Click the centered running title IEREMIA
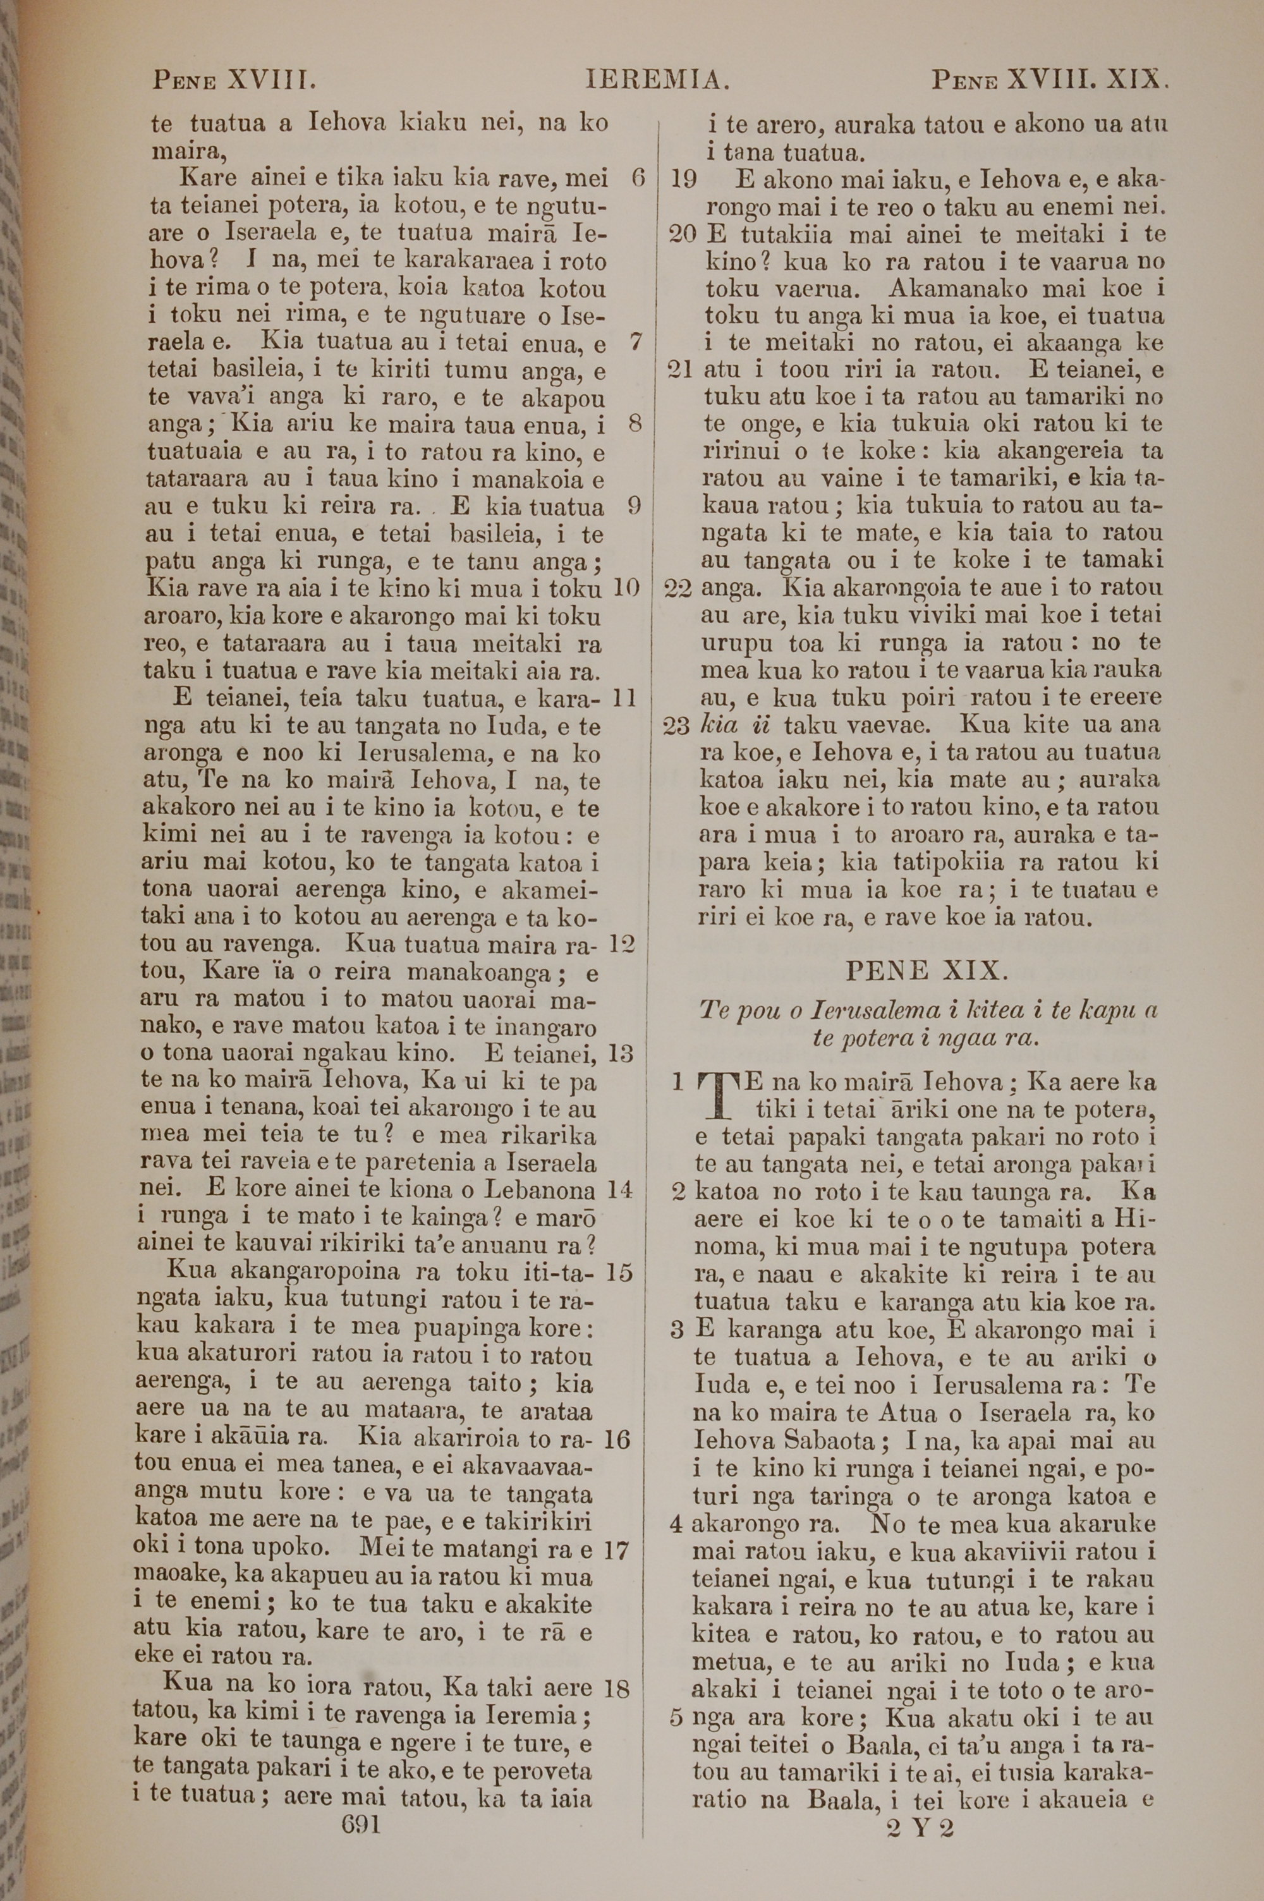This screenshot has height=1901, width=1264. [658, 81]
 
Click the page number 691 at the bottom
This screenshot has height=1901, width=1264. [360, 1802]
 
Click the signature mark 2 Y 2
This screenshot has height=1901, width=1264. [919, 1805]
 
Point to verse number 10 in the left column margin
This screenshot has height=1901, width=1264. [626, 588]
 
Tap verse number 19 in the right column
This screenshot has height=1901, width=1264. [684, 179]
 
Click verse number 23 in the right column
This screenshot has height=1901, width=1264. [676, 726]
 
